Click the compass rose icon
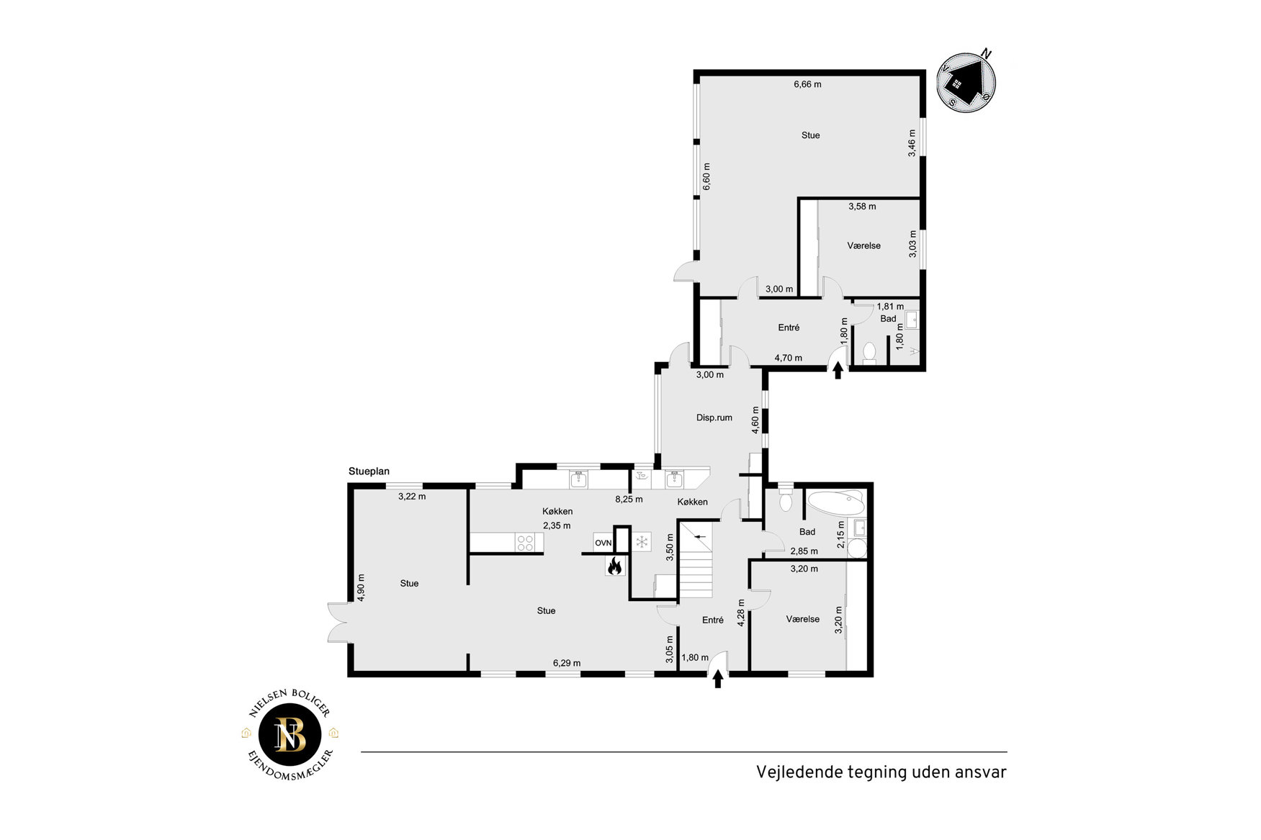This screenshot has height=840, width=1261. point(966,81)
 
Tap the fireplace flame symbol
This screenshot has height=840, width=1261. point(614,566)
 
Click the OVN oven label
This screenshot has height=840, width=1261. point(603,543)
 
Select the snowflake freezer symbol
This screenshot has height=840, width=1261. point(642,541)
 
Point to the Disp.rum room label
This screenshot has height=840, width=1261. point(714,417)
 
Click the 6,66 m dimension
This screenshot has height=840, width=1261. point(807,84)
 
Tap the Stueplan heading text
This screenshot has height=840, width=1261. point(369,471)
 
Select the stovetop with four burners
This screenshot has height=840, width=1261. point(525,542)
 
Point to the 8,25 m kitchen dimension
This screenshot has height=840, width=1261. point(629,499)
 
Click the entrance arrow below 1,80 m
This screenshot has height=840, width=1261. point(717,679)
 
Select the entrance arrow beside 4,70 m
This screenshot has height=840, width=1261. point(838,370)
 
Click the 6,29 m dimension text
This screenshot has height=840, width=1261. point(567,663)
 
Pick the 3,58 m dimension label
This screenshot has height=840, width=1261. point(862,207)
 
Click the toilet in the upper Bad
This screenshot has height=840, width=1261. point(869,353)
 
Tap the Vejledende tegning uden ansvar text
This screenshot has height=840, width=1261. point(881,772)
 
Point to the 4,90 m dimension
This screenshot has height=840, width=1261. point(361,587)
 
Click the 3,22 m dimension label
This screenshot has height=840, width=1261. point(412,496)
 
